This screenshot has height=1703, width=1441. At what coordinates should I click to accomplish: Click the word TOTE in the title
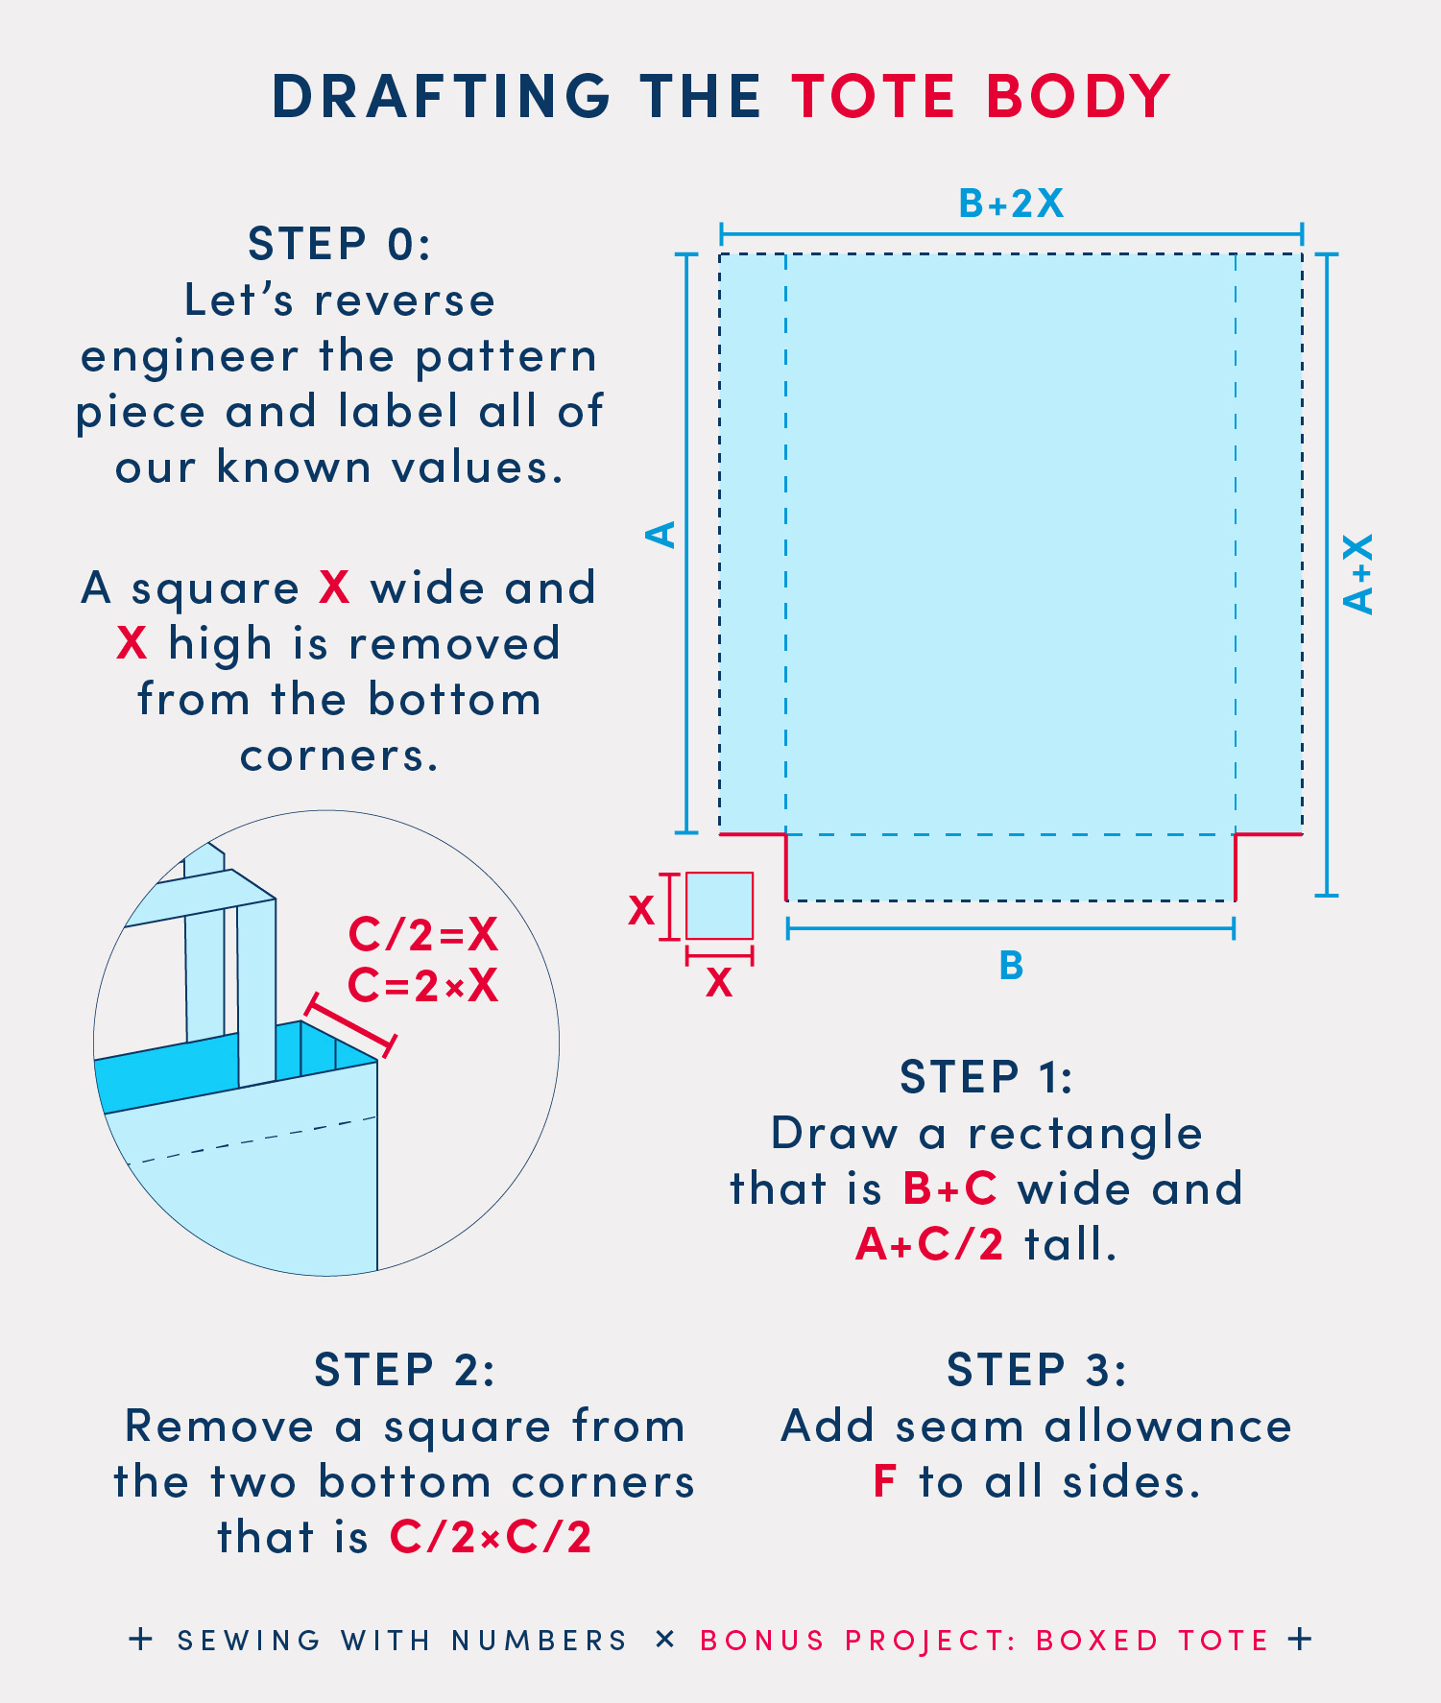[x=874, y=96]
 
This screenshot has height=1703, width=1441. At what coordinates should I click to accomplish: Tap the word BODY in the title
[x=1078, y=96]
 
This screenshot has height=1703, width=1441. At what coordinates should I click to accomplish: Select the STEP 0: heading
[x=340, y=244]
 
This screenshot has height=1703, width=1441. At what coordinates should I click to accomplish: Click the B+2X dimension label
[x=1011, y=204]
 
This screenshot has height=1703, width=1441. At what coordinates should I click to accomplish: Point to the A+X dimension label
[x=1358, y=574]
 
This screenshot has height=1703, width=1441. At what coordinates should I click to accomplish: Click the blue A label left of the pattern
[x=661, y=535]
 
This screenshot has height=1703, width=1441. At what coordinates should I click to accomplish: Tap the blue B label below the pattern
[x=1011, y=965]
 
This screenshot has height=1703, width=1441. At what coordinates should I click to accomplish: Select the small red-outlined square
[x=719, y=905]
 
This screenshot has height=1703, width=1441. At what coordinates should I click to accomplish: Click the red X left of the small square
[x=641, y=909]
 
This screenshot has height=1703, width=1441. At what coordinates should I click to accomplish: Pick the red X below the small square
[x=719, y=982]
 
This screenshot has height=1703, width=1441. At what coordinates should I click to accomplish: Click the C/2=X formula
[x=423, y=934]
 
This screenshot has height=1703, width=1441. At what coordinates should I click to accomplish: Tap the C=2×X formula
[x=423, y=985]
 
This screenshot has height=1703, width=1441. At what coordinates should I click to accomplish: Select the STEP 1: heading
[x=986, y=1077]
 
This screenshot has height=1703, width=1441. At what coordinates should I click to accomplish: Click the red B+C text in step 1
[x=950, y=1188]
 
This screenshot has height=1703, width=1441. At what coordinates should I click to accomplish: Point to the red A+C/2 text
[x=929, y=1244]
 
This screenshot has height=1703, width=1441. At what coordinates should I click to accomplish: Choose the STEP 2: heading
[x=404, y=1370]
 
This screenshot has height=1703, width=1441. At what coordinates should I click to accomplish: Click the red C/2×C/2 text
[x=491, y=1537]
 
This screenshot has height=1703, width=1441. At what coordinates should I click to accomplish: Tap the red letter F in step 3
[x=884, y=1481]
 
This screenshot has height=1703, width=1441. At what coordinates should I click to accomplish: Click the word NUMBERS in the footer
[x=540, y=1641]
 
